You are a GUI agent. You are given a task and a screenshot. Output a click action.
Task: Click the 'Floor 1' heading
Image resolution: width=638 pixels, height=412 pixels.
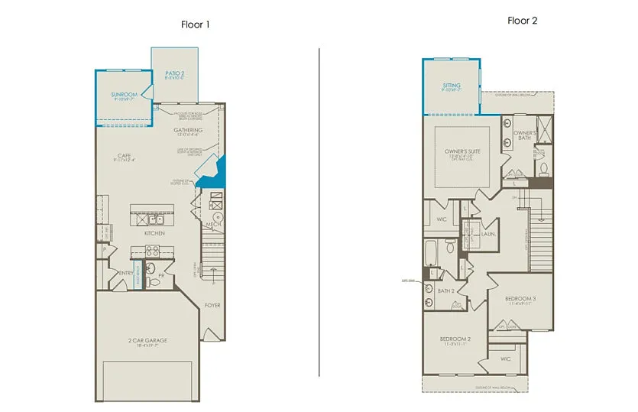click(x=195, y=24)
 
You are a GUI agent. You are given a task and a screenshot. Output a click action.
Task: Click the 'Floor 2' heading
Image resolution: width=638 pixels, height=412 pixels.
click(x=523, y=21)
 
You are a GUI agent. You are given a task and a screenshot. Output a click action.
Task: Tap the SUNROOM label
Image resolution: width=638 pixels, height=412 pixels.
click(x=124, y=95)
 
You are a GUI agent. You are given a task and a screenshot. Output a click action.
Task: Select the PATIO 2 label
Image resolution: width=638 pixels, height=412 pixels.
click(x=175, y=74)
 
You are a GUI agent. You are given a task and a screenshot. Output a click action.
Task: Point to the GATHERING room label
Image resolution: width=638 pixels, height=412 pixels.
click(x=188, y=130)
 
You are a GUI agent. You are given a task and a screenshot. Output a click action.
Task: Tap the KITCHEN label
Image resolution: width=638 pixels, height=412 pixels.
click(x=155, y=232)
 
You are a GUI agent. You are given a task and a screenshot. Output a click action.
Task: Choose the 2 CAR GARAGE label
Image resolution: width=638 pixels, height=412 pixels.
click(x=148, y=341)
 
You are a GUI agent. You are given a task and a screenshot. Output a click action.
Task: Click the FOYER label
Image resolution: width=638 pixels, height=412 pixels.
click(x=212, y=305)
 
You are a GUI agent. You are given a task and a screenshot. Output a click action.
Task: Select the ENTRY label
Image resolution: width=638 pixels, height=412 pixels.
click(x=126, y=273)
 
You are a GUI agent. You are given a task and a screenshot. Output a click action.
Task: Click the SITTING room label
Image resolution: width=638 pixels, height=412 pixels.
click(x=452, y=86)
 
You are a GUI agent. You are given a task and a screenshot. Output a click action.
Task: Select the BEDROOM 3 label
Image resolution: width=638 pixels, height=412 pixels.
click(x=520, y=297)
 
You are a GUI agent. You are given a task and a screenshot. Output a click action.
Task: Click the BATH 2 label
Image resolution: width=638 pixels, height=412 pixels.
click(x=446, y=290)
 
